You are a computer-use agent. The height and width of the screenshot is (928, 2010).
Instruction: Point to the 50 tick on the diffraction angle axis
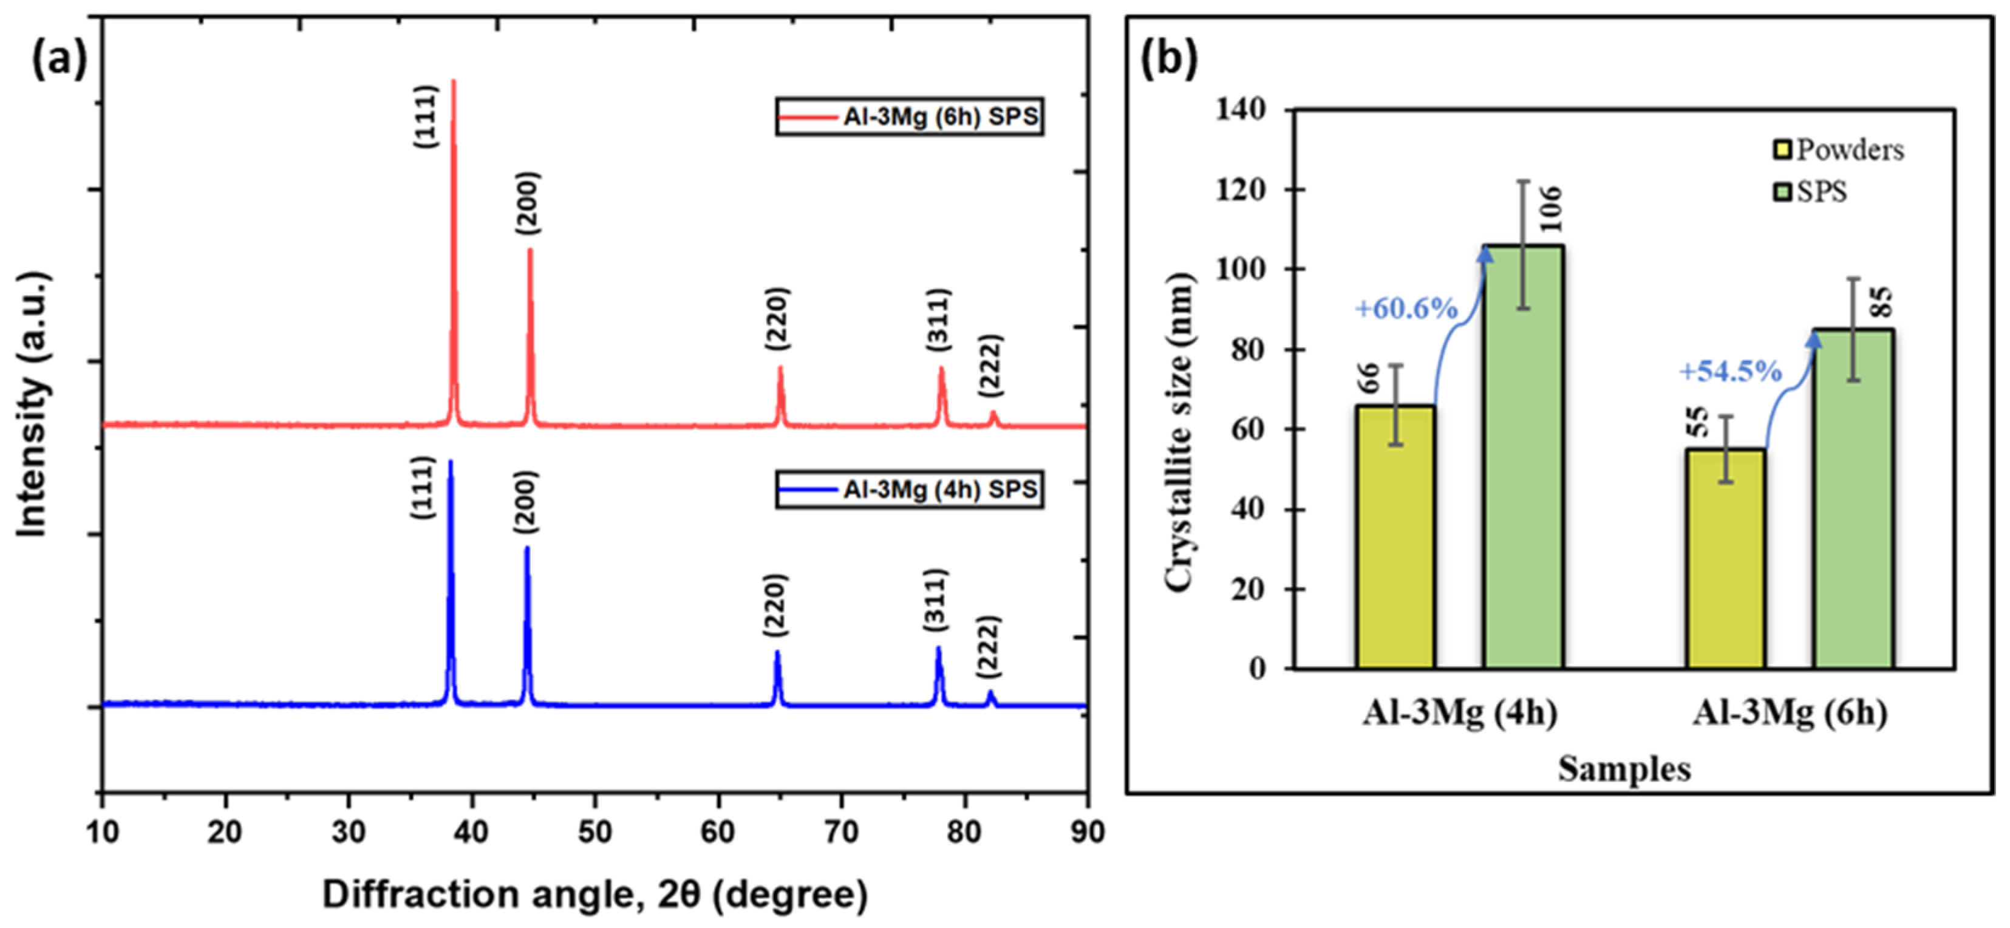(x=594, y=832)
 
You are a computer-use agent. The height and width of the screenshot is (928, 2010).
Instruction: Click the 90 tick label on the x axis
(x=1087, y=832)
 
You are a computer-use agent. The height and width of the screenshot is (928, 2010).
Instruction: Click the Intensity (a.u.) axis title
(x=33, y=405)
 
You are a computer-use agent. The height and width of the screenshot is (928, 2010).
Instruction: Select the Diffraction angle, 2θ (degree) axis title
(x=594, y=895)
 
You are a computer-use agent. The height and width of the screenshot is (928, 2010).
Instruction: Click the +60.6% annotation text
(x=1406, y=309)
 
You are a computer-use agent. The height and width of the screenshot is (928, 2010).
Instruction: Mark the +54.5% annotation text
(x=1730, y=372)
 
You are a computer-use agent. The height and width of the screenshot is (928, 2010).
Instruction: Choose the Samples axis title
(x=1624, y=769)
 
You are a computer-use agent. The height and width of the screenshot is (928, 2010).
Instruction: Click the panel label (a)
(x=60, y=60)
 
